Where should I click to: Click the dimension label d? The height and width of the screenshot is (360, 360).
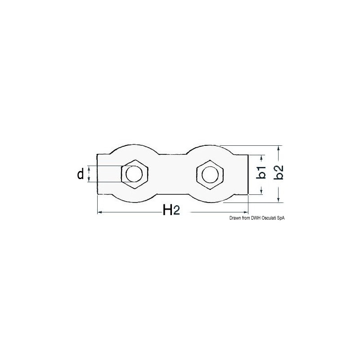click(x=81, y=174)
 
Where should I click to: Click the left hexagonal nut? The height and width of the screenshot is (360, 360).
click(x=134, y=174)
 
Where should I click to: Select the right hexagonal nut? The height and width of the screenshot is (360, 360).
click(x=209, y=174)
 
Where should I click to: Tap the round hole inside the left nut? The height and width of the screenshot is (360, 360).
click(x=134, y=174)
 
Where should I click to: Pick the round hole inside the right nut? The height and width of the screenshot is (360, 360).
click(x=209, y=174)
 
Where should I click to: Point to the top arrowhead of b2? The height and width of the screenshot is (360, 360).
click(x=279, y=148)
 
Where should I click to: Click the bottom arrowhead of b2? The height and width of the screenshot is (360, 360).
click(x=279, y=200)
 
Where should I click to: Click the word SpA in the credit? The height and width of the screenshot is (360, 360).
click(x=281, y=218)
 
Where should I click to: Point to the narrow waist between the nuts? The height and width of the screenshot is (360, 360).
click(x=171, y=174)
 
